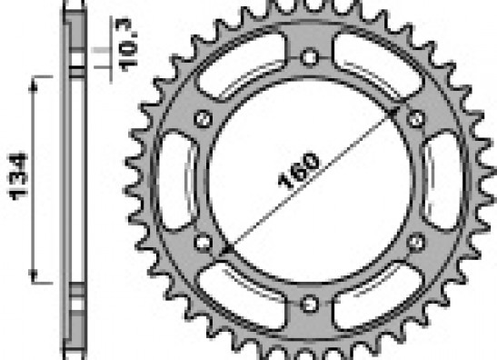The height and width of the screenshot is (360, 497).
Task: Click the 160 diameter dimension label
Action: click(x=298, y=171)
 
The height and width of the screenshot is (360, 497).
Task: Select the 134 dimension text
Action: click(x=19, y=176)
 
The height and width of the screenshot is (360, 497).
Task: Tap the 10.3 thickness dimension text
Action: click(x=126, y=45)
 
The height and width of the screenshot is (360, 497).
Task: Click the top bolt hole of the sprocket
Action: click(x=309, y=57)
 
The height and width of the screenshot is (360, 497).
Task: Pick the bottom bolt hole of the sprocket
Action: click(x=309, y=304)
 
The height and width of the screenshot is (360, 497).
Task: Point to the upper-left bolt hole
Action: click(x=204, y=119)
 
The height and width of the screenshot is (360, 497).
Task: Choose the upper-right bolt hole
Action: click(x=416, y=119)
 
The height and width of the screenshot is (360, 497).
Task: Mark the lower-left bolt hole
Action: click(x=204, y=243)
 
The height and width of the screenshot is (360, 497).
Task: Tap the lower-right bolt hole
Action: click(x=416, y=243)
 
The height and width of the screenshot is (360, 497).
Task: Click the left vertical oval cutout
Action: click(x=176, y=180)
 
